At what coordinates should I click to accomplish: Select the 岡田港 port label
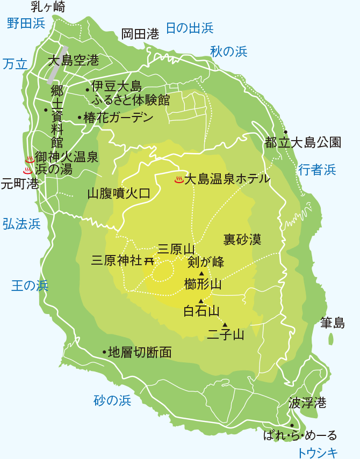pos(140,34)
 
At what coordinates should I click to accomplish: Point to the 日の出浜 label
pos(189,28)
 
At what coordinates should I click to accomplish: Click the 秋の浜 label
pos(228,52)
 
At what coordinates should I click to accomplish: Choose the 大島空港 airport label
pos(73,61)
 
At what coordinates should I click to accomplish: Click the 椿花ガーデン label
pos(118,118)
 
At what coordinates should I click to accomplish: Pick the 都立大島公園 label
pos(303,142)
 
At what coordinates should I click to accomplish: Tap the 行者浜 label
pos(316,170)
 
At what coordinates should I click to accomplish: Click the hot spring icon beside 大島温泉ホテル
pos(179,179)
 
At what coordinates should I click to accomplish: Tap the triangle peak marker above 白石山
pos(201,301)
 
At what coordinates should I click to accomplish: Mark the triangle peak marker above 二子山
pos(225,324)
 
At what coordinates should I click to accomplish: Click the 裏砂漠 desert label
pos(242,238)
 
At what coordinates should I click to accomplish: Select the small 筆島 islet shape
pos(330,339)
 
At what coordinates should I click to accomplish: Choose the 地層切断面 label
pos(140,352)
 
